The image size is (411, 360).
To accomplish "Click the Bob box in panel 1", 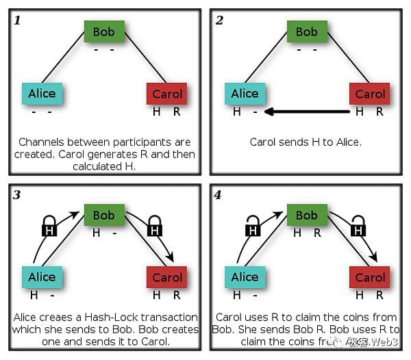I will [x=104, y=31].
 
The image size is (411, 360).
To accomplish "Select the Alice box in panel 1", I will [x=42, y=94].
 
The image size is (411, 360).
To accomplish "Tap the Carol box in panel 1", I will [x=166, y=94].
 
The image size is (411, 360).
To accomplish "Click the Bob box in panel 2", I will [x=306, y=31].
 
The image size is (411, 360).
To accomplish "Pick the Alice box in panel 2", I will [x=245, y=94].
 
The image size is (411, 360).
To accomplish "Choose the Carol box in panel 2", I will [x=370, y=94].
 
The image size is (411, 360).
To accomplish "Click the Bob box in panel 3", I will [x=104, y=216].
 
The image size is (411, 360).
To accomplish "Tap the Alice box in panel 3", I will [x=42, y=277].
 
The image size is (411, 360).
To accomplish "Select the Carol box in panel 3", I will [x=166, y=278].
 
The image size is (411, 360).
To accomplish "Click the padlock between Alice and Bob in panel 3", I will [x=49, y=227].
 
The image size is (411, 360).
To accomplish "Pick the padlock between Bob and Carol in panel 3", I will [x=155, y=227].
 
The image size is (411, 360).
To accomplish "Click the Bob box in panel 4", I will [x=306, y=216].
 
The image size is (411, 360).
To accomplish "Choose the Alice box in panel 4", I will [x=245, y=277].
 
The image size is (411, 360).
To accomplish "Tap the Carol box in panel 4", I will [x=370, y=278].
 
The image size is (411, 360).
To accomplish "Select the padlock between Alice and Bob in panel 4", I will [x=252, y=227].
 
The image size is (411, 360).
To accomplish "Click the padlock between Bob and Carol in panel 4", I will [x=358, y=227].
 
